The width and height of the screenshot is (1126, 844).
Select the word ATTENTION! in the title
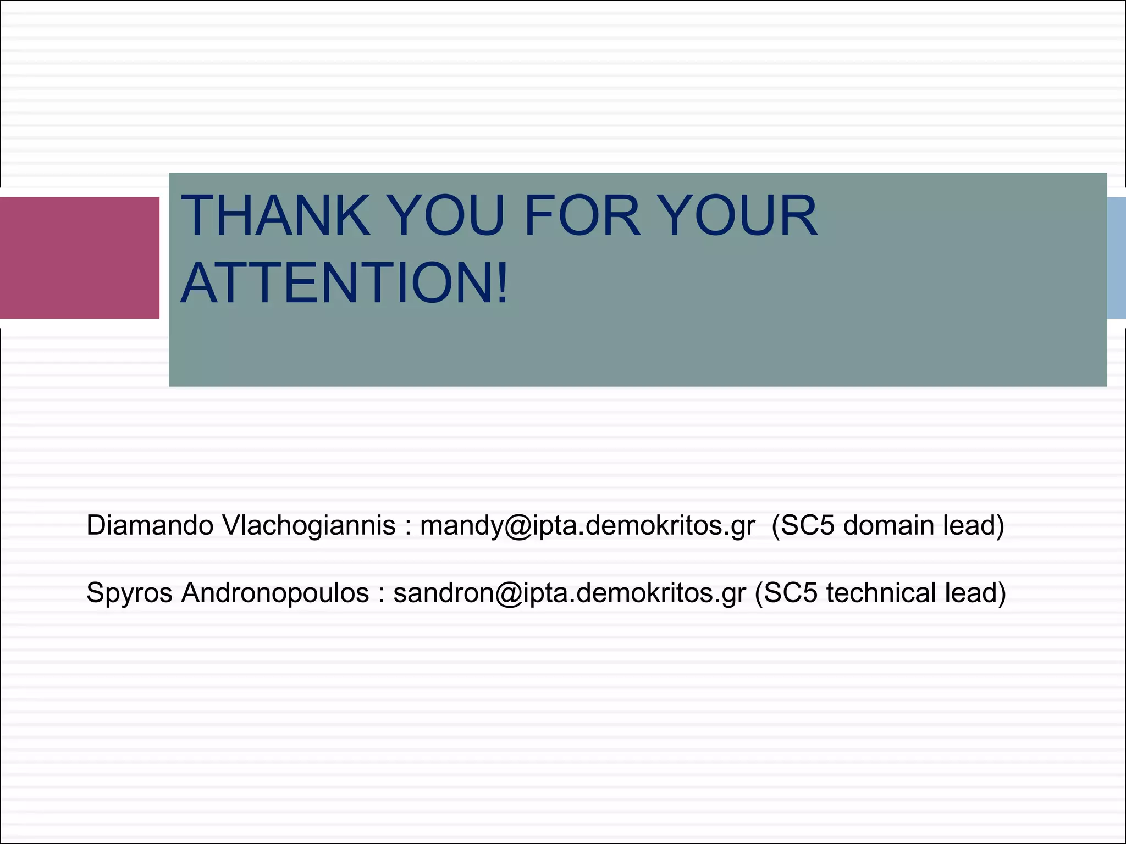(344, 283)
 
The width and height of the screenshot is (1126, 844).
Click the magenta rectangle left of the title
(79, 258)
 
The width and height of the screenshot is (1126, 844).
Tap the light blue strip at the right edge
(1116, 258)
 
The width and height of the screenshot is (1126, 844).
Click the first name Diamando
(150, 525)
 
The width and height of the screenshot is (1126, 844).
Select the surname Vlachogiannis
(309, 525)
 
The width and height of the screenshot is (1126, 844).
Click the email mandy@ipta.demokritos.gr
(587, 525)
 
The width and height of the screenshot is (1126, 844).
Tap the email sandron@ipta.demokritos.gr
(570, 593)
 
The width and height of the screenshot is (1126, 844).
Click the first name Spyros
(129, 593)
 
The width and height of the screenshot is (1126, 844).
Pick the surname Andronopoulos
(275, 593)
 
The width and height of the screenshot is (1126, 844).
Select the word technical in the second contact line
(881, 593)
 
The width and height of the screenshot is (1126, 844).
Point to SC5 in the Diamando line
(807, 525)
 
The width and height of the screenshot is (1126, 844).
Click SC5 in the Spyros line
(790, 593)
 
